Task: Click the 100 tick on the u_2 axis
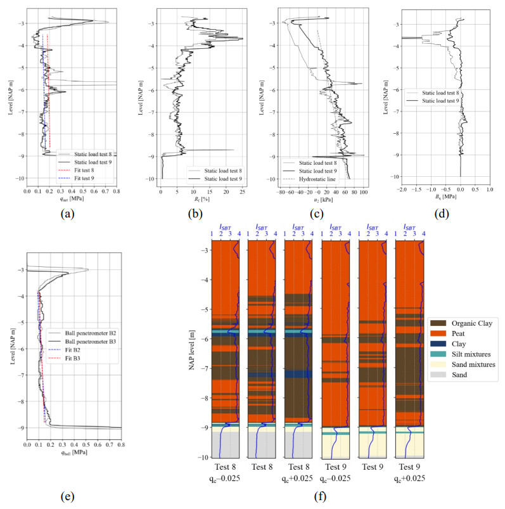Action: (x=363, y=190)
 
